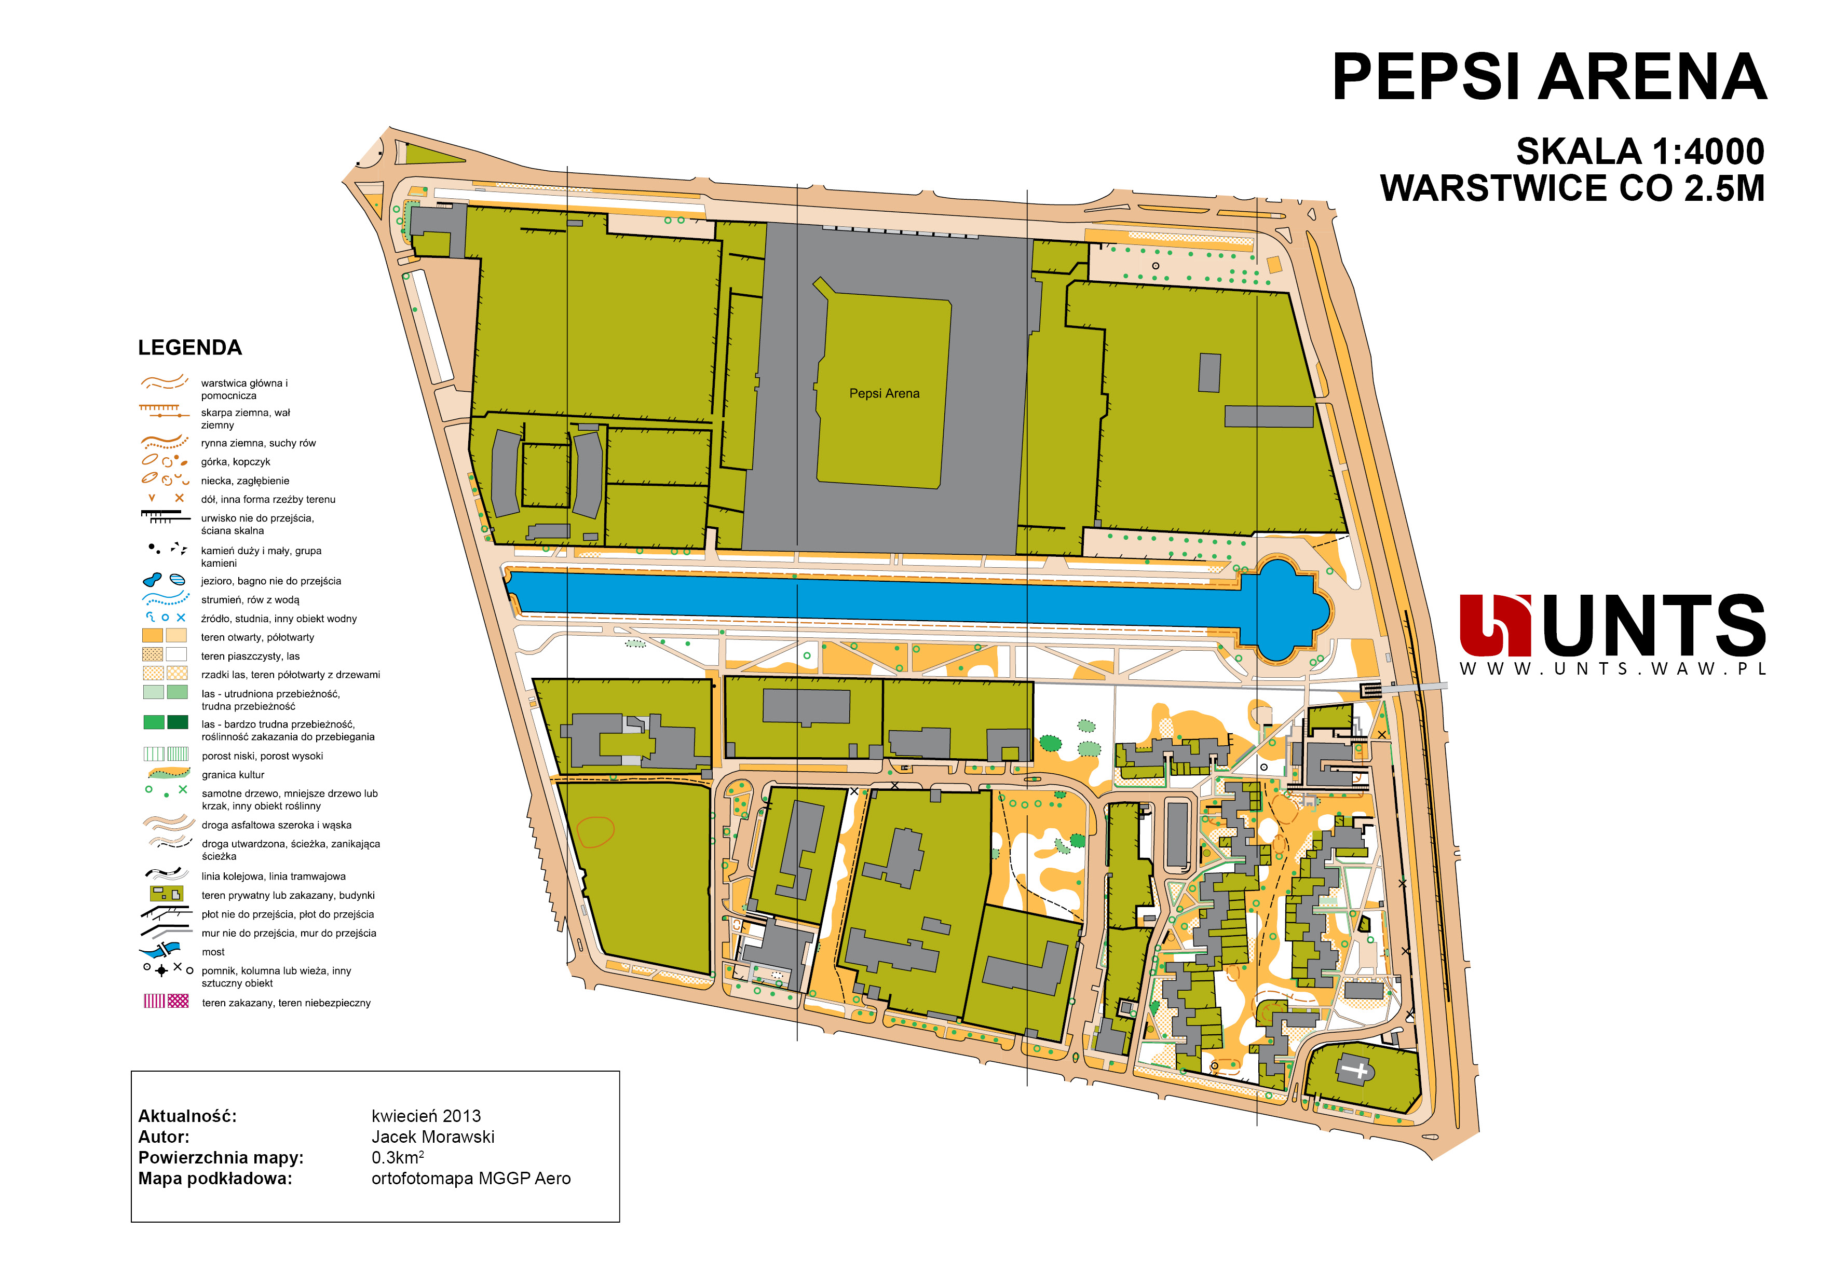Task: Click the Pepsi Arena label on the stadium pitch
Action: tap(885, 393)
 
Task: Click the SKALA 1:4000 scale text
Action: tap(1640, 152)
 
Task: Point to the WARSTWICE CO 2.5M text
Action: tap(1573, 189)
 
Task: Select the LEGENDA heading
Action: tap(189, 347)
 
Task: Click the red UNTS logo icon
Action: tap(1494, 626)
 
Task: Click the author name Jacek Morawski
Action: tap(433, 1137)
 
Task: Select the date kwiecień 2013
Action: tap(426, 1116)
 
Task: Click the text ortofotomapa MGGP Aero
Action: tap(471, 1179)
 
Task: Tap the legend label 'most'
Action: tap(212, 952)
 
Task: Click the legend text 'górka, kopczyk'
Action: tap(236, 461)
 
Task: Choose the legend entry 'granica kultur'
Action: tap(233, 775)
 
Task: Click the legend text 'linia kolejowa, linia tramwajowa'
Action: tap(273, 876)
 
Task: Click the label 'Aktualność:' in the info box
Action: tap(187, 1116)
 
